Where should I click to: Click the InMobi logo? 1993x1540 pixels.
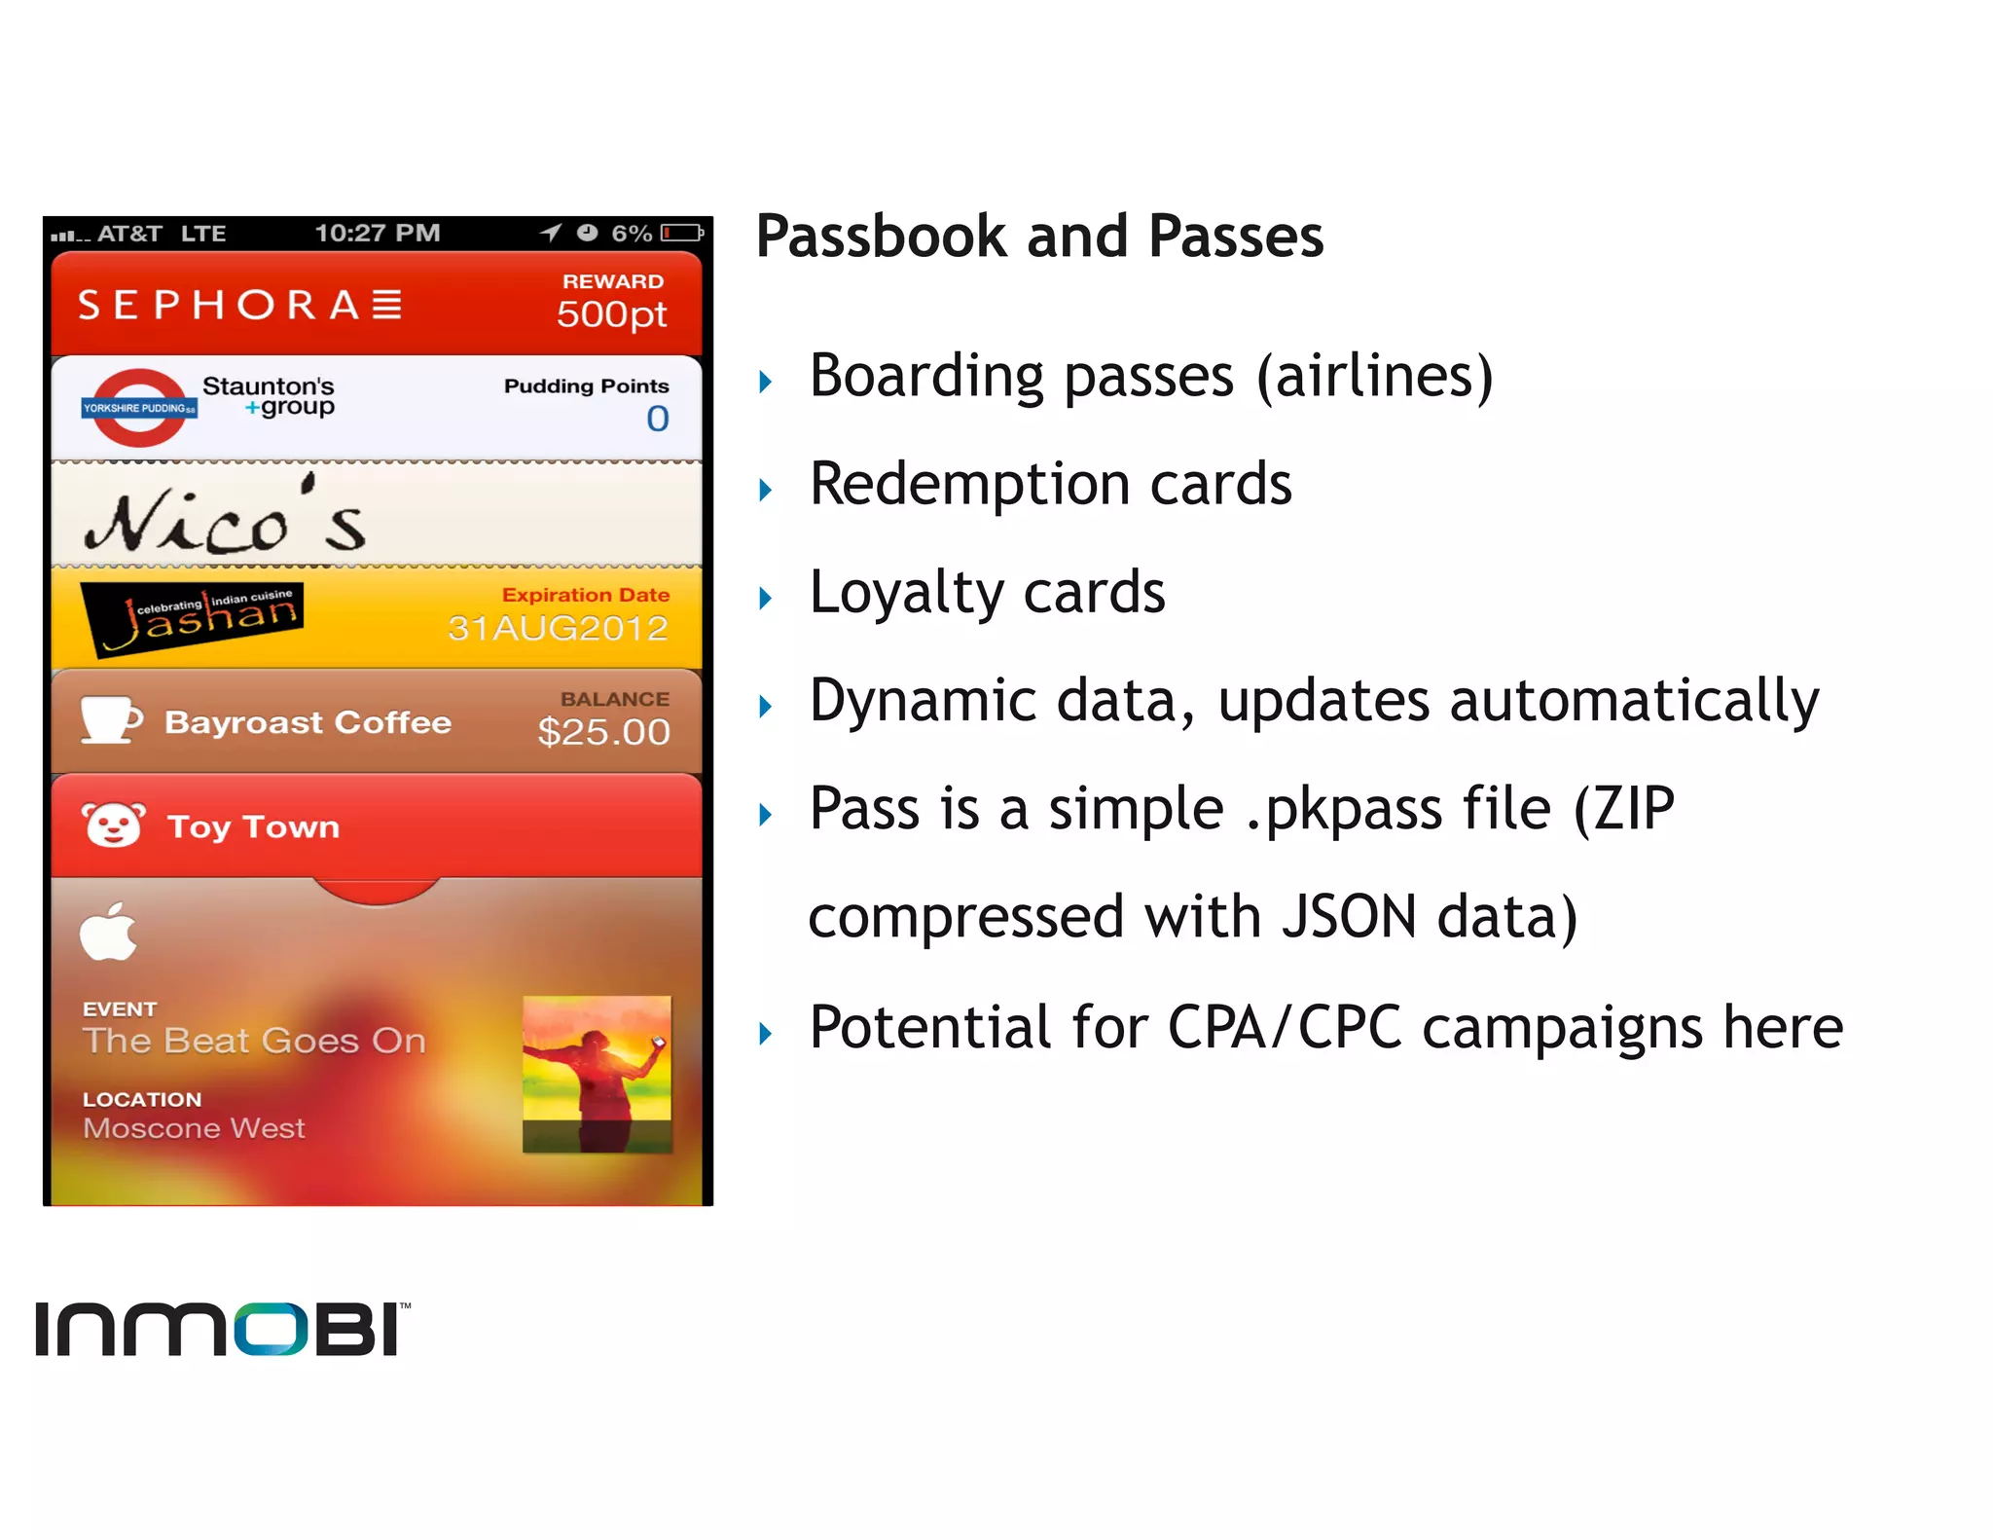pos(222,1329)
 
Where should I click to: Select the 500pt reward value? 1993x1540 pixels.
pos(611,314)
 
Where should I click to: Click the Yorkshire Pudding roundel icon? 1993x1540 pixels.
pos(139,408)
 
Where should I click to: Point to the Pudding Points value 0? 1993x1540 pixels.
pos(658,419)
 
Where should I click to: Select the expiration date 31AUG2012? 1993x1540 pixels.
pos(558,629)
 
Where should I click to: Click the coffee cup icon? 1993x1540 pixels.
pos(111,720)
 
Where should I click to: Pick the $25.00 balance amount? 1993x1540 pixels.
pos(603,732)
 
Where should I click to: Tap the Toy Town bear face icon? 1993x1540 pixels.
pos(114,825)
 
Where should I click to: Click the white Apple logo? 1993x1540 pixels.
pos(109,932)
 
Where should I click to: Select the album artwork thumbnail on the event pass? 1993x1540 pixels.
pos(597,1074)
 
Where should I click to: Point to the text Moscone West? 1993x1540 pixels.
pos(194,1128)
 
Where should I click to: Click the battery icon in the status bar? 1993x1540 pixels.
pos(682,233)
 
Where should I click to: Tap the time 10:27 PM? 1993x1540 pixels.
pos(378,234)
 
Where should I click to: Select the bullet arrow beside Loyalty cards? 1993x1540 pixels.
pos(766,598)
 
